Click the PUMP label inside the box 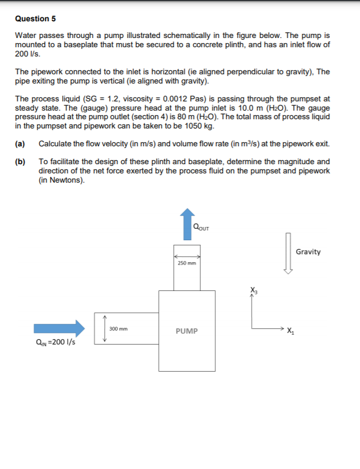point(187,331)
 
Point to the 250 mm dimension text point(187,264)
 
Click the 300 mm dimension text point(118,329)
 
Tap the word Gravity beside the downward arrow point(308,252)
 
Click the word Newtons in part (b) point(67,180)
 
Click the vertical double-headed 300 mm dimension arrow point(104,328)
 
